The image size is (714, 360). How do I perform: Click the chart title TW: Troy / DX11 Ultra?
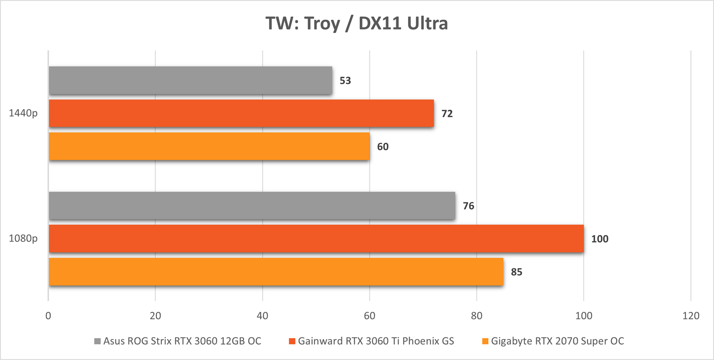coord(357,23)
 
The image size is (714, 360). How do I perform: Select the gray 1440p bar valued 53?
coord(191,80)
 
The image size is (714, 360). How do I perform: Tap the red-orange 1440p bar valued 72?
coord(241,113)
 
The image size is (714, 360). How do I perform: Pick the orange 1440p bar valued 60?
coord(209,146)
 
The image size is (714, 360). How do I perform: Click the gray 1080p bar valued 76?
coord(252,206)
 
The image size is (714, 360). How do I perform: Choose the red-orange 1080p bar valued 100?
coord(316,239)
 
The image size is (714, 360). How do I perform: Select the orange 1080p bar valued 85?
coord(276,272)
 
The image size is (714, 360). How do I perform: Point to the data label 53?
coord(345,81)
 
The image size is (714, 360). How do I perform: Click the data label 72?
coord(447,114)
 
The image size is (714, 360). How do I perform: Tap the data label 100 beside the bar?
coord(600,239)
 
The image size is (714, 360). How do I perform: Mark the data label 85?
coord(516,272)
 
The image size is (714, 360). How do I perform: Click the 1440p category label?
coord(23,113)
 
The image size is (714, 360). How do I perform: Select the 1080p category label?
coord(23,239)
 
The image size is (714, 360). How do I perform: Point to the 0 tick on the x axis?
coord(48,316)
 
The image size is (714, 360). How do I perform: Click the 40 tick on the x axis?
coord(262,316)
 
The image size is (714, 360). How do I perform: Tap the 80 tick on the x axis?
coord(477,316)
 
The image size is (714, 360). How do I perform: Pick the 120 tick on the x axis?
coord(691,316)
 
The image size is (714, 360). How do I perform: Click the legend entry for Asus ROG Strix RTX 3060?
coord(178,341)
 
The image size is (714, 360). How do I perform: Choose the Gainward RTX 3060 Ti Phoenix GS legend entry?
coord(371,341)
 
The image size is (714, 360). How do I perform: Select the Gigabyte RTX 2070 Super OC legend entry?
coord(553,341)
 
